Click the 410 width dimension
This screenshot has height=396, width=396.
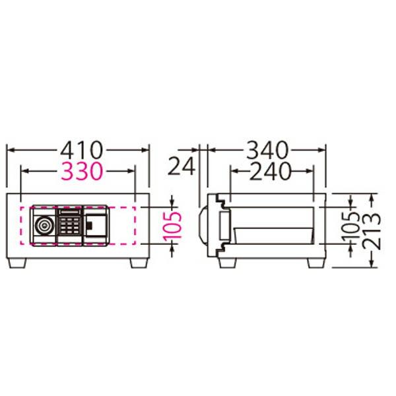82,150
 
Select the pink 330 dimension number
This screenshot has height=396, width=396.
82,171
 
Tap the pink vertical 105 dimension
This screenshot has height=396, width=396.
172,226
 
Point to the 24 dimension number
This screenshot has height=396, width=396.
181,166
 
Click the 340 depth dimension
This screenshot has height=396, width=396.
267,150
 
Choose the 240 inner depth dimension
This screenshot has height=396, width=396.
270,171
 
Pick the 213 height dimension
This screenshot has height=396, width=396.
371,232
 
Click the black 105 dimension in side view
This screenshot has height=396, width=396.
350,226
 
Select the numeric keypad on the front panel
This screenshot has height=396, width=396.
70,226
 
